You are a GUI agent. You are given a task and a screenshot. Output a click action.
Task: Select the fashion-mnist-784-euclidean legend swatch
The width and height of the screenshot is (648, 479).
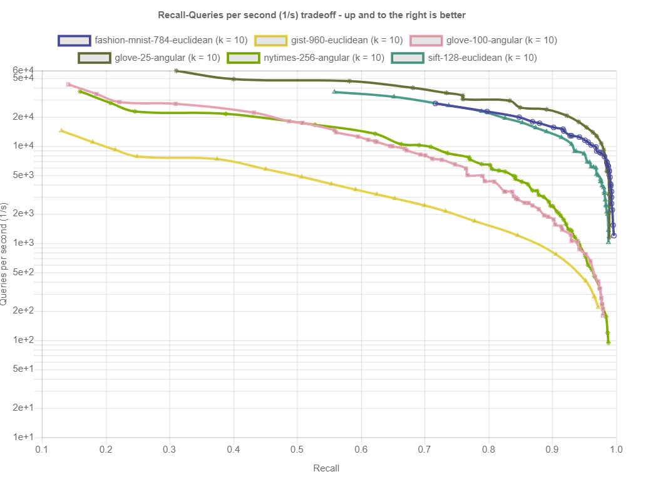pyautogui.click(x=75, y=40)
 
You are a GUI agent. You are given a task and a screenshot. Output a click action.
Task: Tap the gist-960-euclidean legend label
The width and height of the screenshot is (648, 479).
pyautogui.click(x=346, y=40)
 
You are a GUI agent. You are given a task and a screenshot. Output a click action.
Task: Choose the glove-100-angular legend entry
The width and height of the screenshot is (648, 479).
pyautogui.click(x=501, y=40)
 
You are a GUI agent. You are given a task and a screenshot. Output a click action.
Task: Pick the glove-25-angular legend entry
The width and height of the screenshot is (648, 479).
pyautogui.click(x=167, y=58)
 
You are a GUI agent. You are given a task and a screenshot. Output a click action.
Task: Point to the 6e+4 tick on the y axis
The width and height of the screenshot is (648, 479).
pyautogui.click(x=24, y=70)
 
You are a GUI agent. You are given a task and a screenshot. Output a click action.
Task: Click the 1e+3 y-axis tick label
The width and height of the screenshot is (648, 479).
pyautogui.click(x=24, y=243)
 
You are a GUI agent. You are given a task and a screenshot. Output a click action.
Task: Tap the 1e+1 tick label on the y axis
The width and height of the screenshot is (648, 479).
pyautogui.click(x=24, y=437)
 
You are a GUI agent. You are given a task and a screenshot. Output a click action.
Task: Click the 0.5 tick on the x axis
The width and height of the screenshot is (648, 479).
pyautogui.click(x=297, y=449)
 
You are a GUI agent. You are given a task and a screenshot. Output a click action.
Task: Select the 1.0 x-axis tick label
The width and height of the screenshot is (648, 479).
pyautogui.click(x=616, y=449)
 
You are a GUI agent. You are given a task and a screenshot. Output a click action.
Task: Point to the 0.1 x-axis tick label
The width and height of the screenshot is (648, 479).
pyautogui.click(x=42, y=449)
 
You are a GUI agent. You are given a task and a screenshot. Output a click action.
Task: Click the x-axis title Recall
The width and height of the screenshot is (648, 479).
pyautogui.click(x=326, y=468)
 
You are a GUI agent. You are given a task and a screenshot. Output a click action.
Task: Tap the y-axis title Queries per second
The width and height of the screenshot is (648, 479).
pyautogui.click(x=6, y=254)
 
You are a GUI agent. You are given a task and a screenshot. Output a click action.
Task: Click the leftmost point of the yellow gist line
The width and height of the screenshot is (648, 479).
pyautogui.click(x=61, y=130)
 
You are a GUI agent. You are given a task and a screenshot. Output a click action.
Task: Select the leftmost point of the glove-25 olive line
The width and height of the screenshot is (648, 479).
pyautogui.click(x=176, y=71)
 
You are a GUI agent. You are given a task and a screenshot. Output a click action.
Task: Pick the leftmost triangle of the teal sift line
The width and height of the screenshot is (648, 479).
pyautogui.click(x=334, y=92)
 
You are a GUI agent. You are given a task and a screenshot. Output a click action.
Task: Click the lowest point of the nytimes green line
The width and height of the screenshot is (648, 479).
pyautogui.click(x=609, y=342)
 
